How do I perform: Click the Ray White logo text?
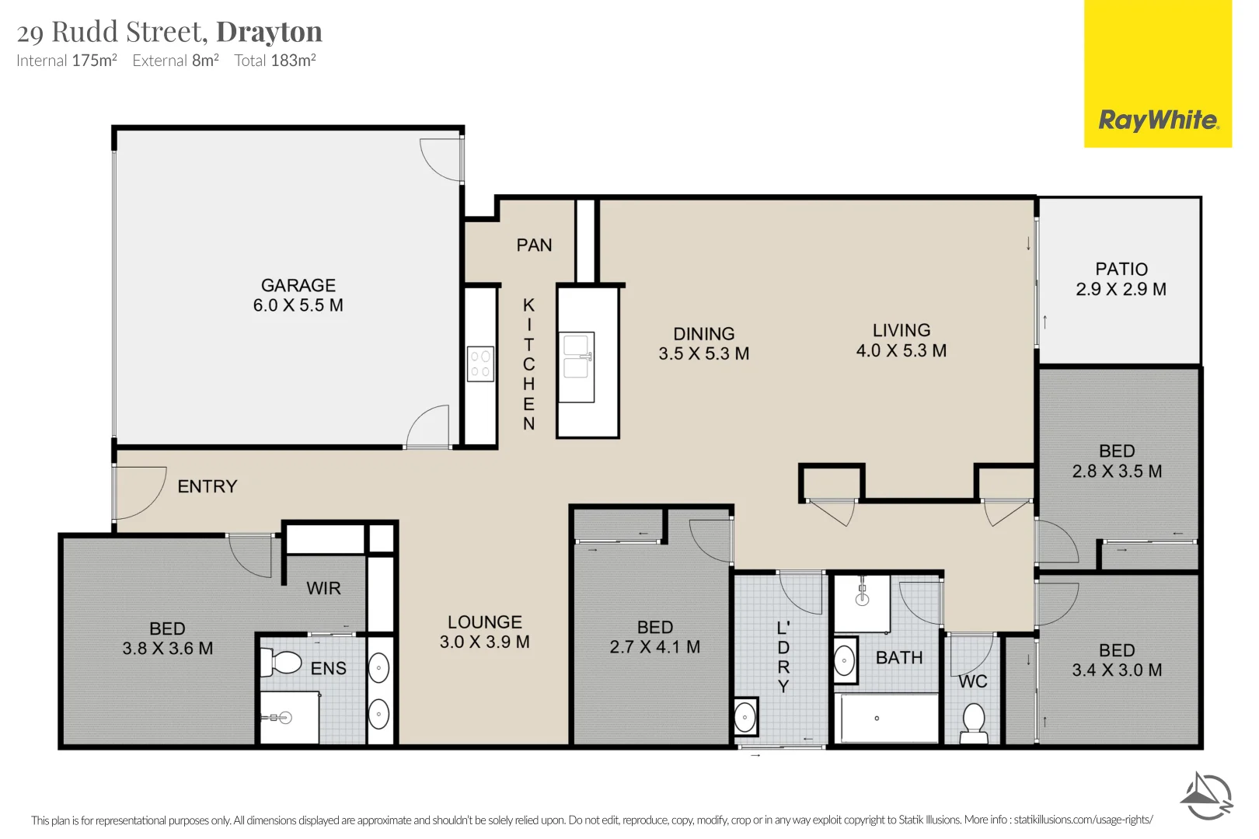(x=1159, y=120)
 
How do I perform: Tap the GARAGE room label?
(x=298, y=285)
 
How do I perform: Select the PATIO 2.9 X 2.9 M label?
(x=1121, y=279)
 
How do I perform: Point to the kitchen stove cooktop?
(x=480, y=364)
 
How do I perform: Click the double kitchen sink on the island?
(x=576, y=367)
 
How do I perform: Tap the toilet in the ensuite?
(x=281, y=663)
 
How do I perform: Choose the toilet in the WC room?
(x=974, y=723)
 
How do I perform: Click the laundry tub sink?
(x=745, y=716)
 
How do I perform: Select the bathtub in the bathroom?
(x=889, y=718)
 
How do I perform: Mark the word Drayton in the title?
(x=269, y=32)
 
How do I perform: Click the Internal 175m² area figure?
(x=66, y=61)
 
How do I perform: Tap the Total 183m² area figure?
(x=275, y=61)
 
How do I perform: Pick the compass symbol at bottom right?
(x=1206, y=795)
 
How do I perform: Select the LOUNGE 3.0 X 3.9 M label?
(x=484, y=632)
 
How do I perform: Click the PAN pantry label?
(x=534, y=245)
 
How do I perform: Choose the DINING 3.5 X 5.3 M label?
(x=703, y=343)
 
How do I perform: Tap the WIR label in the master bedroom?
(x=323, y=588)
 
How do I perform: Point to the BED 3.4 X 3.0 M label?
(x=1117, y=660)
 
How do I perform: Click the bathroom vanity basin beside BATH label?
(x=845, y=661)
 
